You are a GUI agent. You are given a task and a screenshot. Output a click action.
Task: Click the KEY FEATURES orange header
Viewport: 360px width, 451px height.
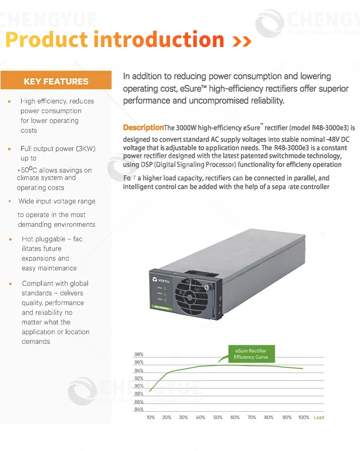coord(56,82)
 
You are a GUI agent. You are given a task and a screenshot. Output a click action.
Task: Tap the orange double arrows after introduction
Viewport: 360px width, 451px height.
coord(241,42)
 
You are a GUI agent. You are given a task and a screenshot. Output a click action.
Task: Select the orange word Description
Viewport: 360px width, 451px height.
coord(143,128)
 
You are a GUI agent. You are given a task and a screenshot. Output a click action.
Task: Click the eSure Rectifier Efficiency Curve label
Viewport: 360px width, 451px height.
coord(251,354)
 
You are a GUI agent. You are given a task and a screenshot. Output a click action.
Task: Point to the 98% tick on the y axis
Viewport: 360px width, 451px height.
coord(139,355)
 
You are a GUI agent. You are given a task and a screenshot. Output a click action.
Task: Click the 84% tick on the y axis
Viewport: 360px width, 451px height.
coord(139,409)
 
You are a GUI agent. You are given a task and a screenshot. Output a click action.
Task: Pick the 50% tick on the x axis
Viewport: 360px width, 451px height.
coord(218,417)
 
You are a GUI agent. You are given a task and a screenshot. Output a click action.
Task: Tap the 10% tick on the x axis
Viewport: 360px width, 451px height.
coord(150,417)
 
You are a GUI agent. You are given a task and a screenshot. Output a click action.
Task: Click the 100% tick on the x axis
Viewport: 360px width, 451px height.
coord(303,417)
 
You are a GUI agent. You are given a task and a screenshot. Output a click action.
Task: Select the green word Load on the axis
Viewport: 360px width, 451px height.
coord(319,417)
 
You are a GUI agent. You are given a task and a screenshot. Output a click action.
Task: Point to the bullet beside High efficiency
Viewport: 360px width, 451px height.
coord(9,102)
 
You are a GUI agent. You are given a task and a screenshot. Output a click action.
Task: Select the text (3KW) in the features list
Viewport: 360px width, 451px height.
coord(85,149)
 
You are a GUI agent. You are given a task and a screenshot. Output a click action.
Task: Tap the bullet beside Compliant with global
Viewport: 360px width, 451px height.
coord(10,284)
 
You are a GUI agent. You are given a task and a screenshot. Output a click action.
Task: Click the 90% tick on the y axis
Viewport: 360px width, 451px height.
coord(139,386)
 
